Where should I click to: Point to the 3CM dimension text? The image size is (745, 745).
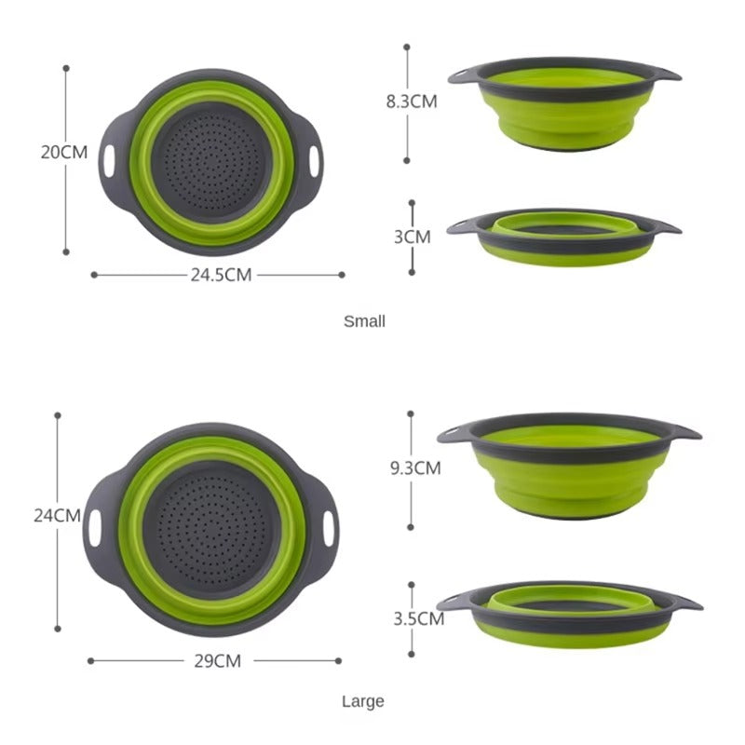413,237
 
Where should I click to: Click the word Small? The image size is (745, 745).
364,321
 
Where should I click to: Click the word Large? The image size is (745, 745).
362,701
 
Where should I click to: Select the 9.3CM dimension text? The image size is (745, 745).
415,468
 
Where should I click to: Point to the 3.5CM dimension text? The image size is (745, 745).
417,617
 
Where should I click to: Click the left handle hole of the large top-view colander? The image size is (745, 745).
93,526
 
